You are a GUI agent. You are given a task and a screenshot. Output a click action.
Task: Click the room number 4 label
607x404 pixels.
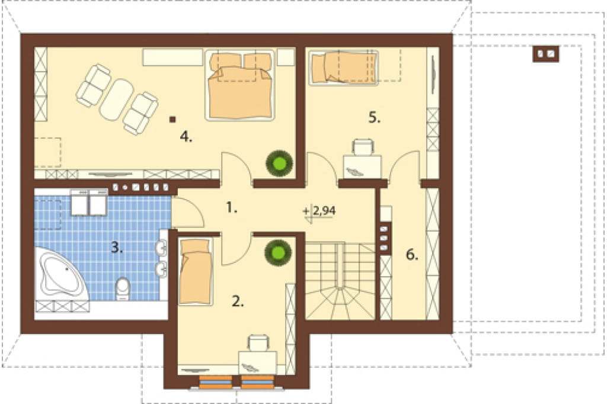[x=186, y=137]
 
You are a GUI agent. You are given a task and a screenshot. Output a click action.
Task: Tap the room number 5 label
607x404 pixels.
[x=374, y=117]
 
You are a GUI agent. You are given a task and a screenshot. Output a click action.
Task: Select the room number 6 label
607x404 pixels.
[x=412, y=255]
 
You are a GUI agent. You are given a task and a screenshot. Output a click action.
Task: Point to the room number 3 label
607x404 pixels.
[x=117, y=247]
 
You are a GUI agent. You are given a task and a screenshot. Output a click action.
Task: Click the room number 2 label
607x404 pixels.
[x=238, y=301]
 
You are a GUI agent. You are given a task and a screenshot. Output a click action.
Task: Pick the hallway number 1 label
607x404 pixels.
[x=231, y=208]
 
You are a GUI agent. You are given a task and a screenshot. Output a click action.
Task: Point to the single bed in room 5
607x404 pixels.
[x=343, y=68]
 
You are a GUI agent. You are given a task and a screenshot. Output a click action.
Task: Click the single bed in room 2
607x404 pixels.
[x=196, y=271]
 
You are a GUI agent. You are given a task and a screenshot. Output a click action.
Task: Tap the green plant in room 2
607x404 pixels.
[x=278, y=253]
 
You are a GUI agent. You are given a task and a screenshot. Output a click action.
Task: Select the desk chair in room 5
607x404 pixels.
[x=363, y=147]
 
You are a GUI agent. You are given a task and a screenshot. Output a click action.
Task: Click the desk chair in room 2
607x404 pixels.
[x=258, y=343]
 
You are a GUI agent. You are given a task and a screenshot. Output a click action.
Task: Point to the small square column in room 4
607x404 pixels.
[x=172, y=120]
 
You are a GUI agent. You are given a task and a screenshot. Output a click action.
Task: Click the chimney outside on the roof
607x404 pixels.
[x=546, y=54]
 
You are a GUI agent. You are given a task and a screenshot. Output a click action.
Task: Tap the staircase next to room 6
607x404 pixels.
[x=340, y=281]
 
